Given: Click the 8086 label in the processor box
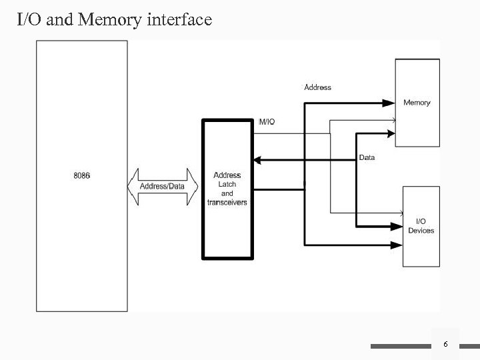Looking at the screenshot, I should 82,175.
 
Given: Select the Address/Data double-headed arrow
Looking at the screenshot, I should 162,186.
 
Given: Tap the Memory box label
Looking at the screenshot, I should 417,103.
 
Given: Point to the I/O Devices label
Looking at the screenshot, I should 421,226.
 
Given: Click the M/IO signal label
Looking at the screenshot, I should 267,121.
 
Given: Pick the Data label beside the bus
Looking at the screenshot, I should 367,158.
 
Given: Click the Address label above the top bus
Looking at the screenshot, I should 317,87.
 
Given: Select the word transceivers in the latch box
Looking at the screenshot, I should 227,202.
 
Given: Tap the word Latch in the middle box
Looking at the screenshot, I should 227,184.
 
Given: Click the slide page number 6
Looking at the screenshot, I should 445,343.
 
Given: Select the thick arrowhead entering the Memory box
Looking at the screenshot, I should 389,103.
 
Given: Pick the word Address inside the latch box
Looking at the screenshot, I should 227,175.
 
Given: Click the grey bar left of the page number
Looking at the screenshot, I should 400,346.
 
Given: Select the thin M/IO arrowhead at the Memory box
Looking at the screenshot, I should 394,121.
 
